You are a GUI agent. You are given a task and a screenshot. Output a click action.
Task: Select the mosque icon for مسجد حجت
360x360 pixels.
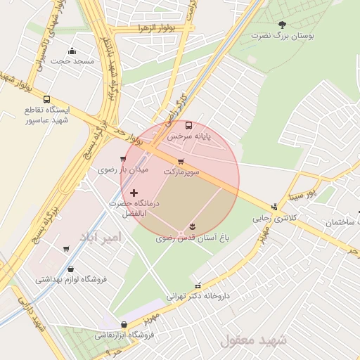click(72, 51)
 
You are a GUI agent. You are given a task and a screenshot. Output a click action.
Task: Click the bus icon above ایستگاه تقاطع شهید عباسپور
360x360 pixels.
click(46, 99)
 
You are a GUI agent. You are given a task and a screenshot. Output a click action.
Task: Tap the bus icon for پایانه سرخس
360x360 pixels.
click(188, 125)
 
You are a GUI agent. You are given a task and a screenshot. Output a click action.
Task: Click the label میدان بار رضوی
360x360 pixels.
click(123, 169)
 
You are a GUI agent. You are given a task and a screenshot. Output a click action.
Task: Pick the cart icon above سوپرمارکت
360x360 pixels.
click(181, 161)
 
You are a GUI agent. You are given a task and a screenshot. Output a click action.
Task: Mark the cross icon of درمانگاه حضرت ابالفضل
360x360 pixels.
click(134, 192)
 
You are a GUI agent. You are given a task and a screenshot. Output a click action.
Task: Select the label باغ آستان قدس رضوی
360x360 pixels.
click(192, 238)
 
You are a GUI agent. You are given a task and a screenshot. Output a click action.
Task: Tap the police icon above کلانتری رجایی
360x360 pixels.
click(274, 207)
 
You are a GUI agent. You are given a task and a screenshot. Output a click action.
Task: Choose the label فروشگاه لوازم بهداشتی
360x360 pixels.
click(71, 279)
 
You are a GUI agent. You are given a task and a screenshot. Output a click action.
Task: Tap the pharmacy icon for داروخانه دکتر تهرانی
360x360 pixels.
click(198, 285)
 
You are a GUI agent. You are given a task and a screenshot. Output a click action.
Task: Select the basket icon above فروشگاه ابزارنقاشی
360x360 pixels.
click(124, 325)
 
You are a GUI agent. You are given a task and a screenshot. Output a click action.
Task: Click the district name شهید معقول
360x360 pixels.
click(254, 340)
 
